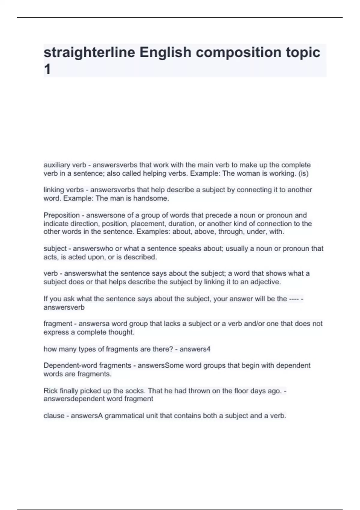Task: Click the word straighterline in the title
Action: point(89,52)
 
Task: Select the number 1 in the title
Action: point(47,70)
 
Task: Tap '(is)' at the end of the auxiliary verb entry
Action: point(303,173)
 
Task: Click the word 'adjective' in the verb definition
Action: point(265,282)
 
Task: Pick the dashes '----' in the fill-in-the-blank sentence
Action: point(293,299)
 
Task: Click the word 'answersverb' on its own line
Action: point(64,307)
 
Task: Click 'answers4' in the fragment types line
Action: point(195,349)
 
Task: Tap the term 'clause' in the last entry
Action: point(54,416)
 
